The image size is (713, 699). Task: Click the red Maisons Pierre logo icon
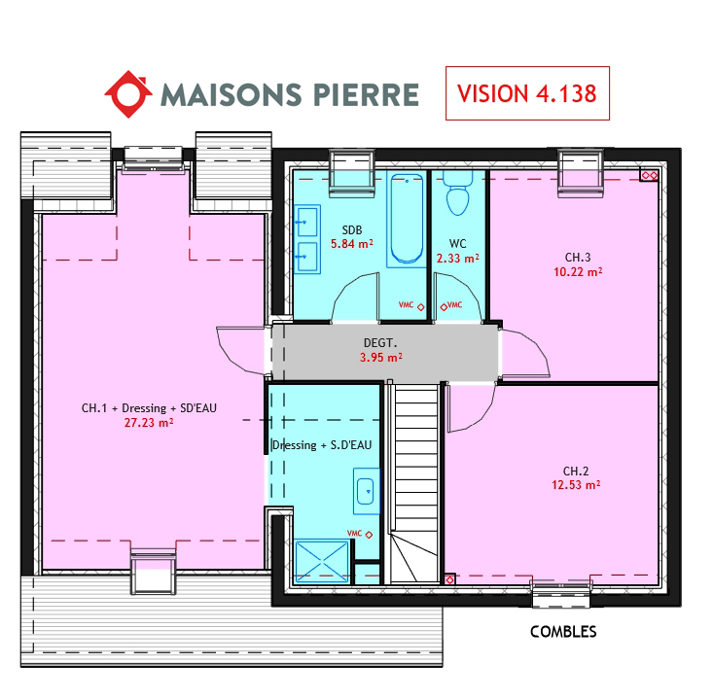[128, 94]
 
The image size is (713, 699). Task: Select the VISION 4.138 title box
[527, 93]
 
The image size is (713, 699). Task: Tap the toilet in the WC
[457, 192]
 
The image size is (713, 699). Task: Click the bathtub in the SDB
[407, 219]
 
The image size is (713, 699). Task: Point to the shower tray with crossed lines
[322, 561]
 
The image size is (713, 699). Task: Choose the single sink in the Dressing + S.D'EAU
[367, 491]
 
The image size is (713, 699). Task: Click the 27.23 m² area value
[149, 423]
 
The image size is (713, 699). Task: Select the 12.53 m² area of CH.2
[576, 485]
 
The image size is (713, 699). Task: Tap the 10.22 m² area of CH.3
[578, 272]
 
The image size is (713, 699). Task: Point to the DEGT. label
[380, 342]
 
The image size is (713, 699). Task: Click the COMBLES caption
[563, 631]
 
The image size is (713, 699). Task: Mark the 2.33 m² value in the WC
[458, 259]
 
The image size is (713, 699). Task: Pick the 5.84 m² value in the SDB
[352, 244]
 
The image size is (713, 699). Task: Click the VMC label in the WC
[454, 305]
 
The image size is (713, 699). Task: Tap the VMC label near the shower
[354, 533]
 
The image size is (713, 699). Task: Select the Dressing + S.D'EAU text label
[322, 445]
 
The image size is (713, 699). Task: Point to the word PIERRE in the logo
[366, 94]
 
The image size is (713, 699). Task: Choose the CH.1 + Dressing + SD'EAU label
[149, 408]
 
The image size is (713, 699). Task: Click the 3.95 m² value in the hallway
[381, 357]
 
